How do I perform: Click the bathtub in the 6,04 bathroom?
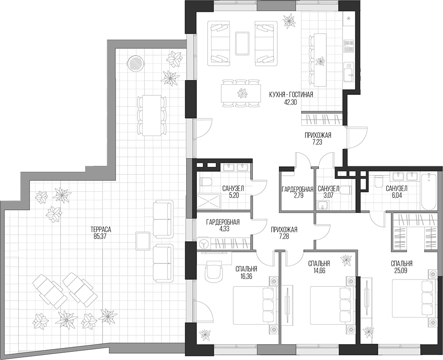coord(428,192)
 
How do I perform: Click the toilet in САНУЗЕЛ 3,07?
coord(346,191)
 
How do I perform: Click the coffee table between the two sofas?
coord(242,43)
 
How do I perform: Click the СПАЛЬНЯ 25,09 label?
coord(402,263)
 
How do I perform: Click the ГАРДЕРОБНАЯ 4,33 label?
coord(222,222)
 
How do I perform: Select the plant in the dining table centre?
coord(242,92)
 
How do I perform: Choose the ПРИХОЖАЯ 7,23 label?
coord(317,136)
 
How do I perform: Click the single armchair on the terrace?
coord(142,242)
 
